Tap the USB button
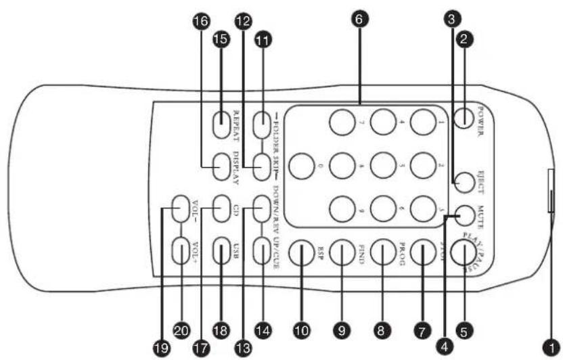click(x=223, y=252)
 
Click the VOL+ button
click(x=181, y=252)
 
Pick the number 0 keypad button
click(x=302, y=166)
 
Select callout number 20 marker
click(x=181, y=332)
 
